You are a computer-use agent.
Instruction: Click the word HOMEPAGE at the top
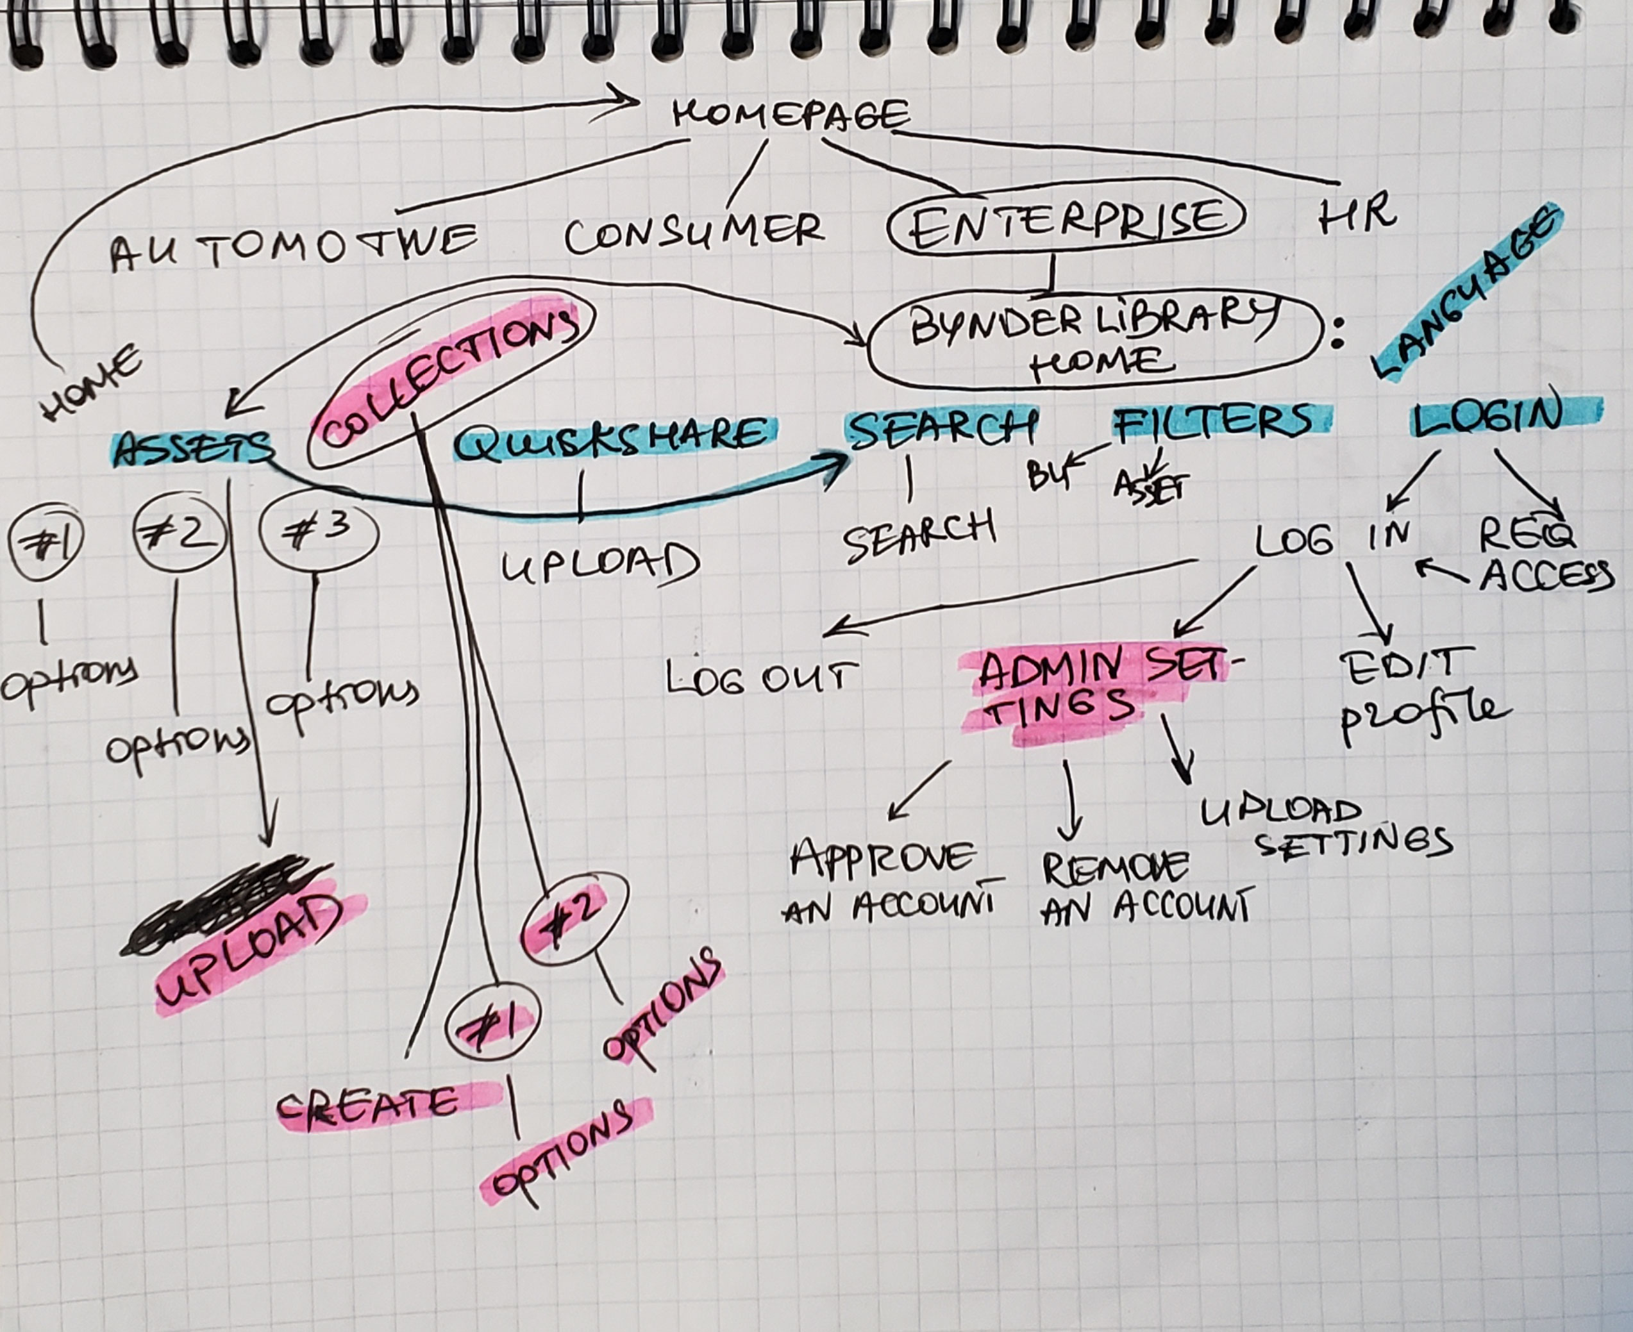(x=791, y=115)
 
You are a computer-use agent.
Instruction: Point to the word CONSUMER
(x=694, y=231)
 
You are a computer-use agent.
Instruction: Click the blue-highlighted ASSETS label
(x=192, y=447)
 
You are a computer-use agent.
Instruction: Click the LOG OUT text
(x=760, y=678)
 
